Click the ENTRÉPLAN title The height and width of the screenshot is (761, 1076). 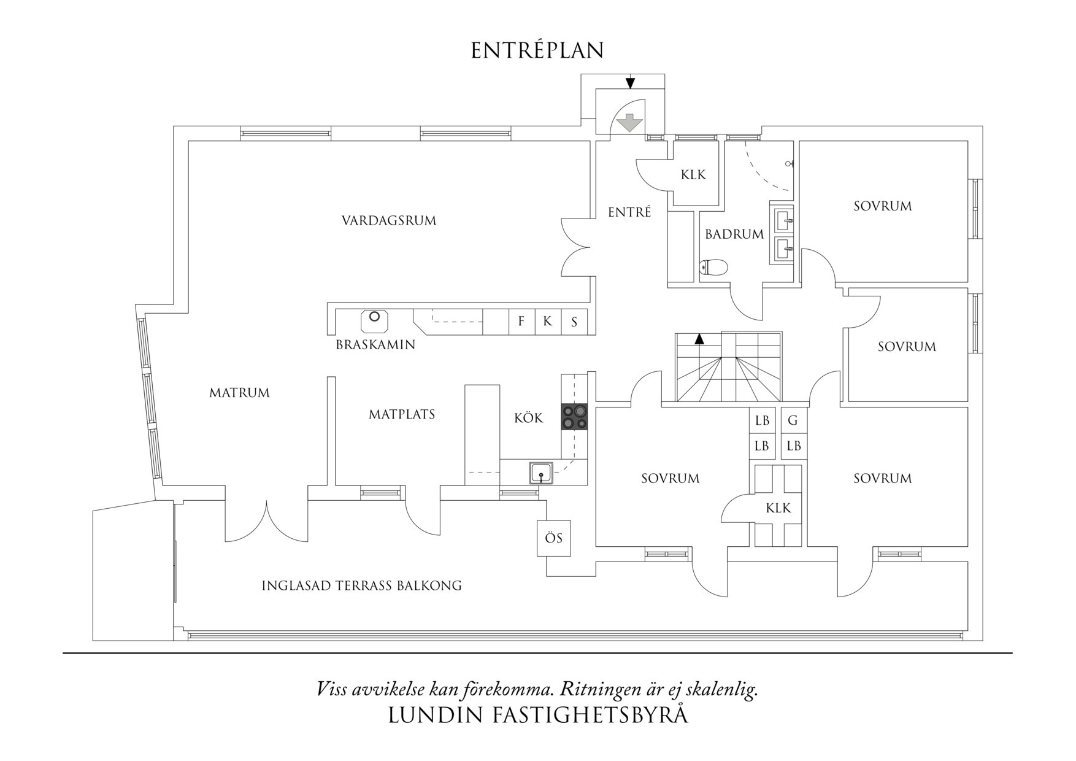click(537, 51)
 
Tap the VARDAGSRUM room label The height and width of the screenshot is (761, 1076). click(389, 220)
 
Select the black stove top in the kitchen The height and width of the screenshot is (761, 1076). click(574, 417)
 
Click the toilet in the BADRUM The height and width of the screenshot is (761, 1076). click(714, 267)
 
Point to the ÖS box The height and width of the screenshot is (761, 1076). click(553, 538)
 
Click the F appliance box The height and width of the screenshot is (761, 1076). click(521, 321)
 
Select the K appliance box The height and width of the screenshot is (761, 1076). click(547, 321)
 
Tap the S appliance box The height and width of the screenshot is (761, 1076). click(574, 322)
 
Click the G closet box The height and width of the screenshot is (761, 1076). click(793, 420)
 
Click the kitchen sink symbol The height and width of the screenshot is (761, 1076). click(541, 473)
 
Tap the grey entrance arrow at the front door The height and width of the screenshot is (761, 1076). click(629, 122)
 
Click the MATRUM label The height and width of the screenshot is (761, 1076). click(239, 393)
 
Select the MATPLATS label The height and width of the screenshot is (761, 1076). click(402, 414)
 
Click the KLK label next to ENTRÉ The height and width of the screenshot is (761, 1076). click(693, 175)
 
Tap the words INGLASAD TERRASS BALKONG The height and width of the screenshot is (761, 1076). click(361, 585)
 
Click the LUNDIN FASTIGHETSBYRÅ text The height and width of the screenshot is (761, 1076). click(537, 716)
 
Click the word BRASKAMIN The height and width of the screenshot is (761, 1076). click(375, 345)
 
